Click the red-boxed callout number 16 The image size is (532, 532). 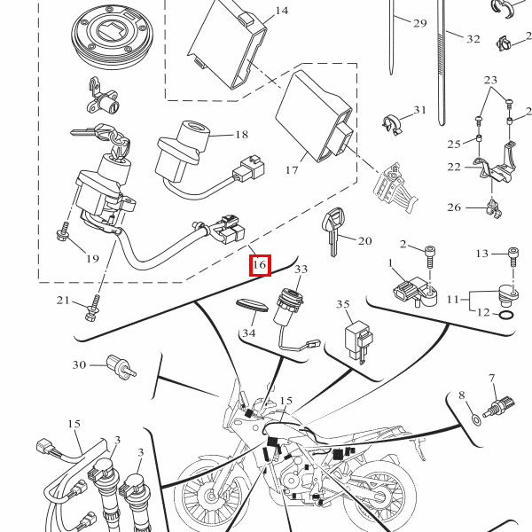[259, 264]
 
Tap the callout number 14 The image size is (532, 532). [281, 11]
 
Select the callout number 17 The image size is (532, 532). [292, 168]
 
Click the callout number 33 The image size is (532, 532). [301, 269]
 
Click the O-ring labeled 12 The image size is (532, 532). [503, 315]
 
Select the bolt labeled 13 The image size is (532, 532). [513, 254]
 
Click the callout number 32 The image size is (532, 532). [473, 39]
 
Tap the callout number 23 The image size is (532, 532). [492, 80]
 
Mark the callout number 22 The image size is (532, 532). [455, 167]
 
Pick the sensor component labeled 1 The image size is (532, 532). [411, 290]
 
